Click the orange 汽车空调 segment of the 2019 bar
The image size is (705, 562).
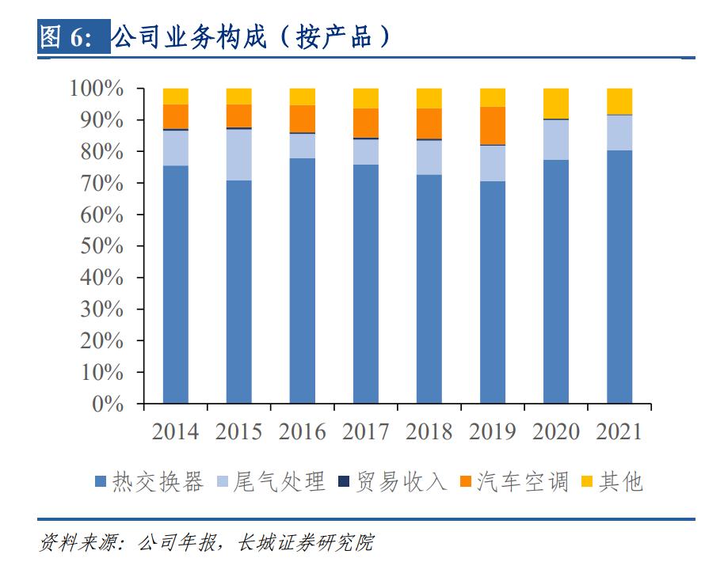pyautogui.click(x=493, y=125)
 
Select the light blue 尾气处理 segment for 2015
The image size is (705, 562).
pyautogui.click(x=238, y=154)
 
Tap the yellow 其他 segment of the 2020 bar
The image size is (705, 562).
pyautogui.click(x=556, y=103)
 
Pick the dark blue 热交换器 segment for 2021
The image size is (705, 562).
pyautogui.click(x=619, y=277)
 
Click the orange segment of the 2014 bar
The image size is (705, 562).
pyautogui.click(x=175, y=116)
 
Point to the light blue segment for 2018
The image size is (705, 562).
pyautogui.click(x=429, y=157)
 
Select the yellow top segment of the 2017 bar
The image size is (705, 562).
pyautogui.click(x=365, y=98)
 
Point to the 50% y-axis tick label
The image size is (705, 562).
pyautogui.click(x=103, y=246)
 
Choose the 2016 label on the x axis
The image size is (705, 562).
pyautogui.click(x=302, y=431)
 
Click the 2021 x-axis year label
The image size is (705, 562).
pyautogui.click(x=619, y=431)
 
